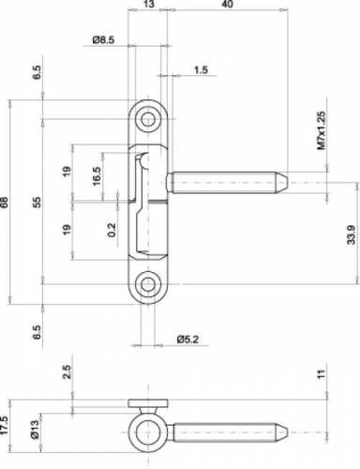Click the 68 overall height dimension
pos(4,203)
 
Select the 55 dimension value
pos(37,203)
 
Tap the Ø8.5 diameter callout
pos(103,40)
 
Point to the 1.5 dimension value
pos(201,69)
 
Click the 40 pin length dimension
pos(229,4)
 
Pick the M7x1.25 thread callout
pos(322,130)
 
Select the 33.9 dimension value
pos(352,234)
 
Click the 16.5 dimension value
pos(97,176)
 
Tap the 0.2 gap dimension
pos(112,230)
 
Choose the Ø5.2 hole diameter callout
pos(187,340)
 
